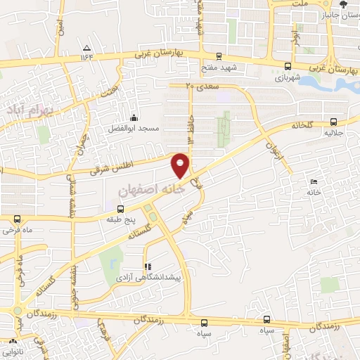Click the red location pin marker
pyautogui.click(x=181, y=165)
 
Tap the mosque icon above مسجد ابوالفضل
pyautogui.click(x=134, y=117)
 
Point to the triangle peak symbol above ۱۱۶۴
pyautogui.click(x=86, y=47)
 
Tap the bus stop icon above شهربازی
pyautogui.click(x=287, y=67)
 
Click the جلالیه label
pyautogui.click(x=333, y=131)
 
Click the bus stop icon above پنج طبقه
pyautogui.click(x=120, y=209)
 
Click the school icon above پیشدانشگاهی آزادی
pyautogui.click(x=148, y=266)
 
